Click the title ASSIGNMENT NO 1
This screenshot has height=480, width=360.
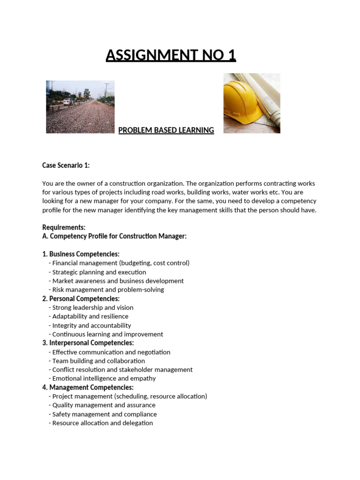tap(171, 55)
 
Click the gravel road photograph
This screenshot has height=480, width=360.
tap(80, 106)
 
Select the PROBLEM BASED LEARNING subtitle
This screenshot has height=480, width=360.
tap(166, 130)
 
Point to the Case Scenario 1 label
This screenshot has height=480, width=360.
tap(66, 165)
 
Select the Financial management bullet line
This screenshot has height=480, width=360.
tap(120, 263)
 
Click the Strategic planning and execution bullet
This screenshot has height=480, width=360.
tap(99, 272)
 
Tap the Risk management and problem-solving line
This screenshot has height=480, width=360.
tap(108, 290)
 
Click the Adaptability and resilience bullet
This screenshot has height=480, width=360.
tap(90, 316)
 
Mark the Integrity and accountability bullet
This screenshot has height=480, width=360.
tap(91, 325)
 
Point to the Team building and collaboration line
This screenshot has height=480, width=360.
tap(98, 361)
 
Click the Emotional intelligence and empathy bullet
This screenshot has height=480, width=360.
tap(104, 378)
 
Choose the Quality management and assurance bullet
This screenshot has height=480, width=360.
tap(104, 405)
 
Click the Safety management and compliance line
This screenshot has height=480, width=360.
tap(104, 414)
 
